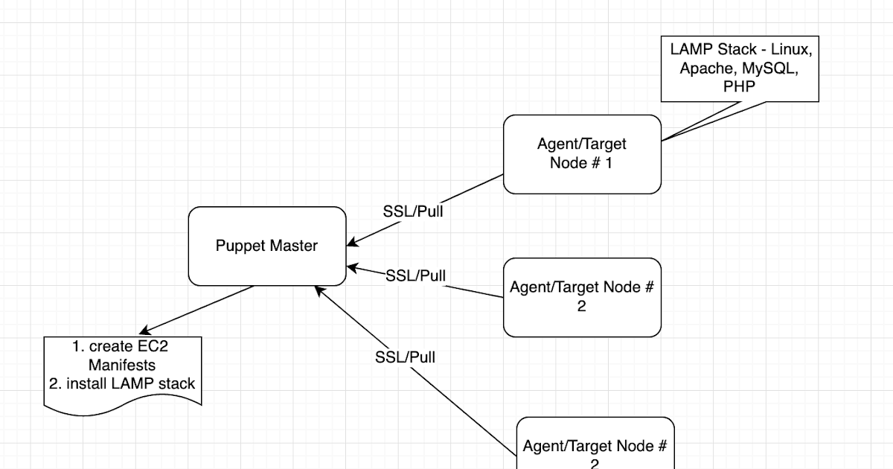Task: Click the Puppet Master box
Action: [x=267, y=246]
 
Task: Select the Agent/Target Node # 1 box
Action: [x=582, y=154]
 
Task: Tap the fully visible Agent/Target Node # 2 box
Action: [x=582, y=297]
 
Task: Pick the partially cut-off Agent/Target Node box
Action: [x=595, y=445]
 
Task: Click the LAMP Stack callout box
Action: [x=740, y=68]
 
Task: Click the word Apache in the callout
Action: [x=704, y=68]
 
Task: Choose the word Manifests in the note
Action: [x=122, y=366]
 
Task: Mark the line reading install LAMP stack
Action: [x=130, y=384]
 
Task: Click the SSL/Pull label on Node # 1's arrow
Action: [x=413, y=211]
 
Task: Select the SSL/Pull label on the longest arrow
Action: [x=405, y=357]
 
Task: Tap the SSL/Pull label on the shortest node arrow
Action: [x=415, y=276]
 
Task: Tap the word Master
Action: [x=293, y=246]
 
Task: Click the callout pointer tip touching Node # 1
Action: [x=662, y=140]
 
